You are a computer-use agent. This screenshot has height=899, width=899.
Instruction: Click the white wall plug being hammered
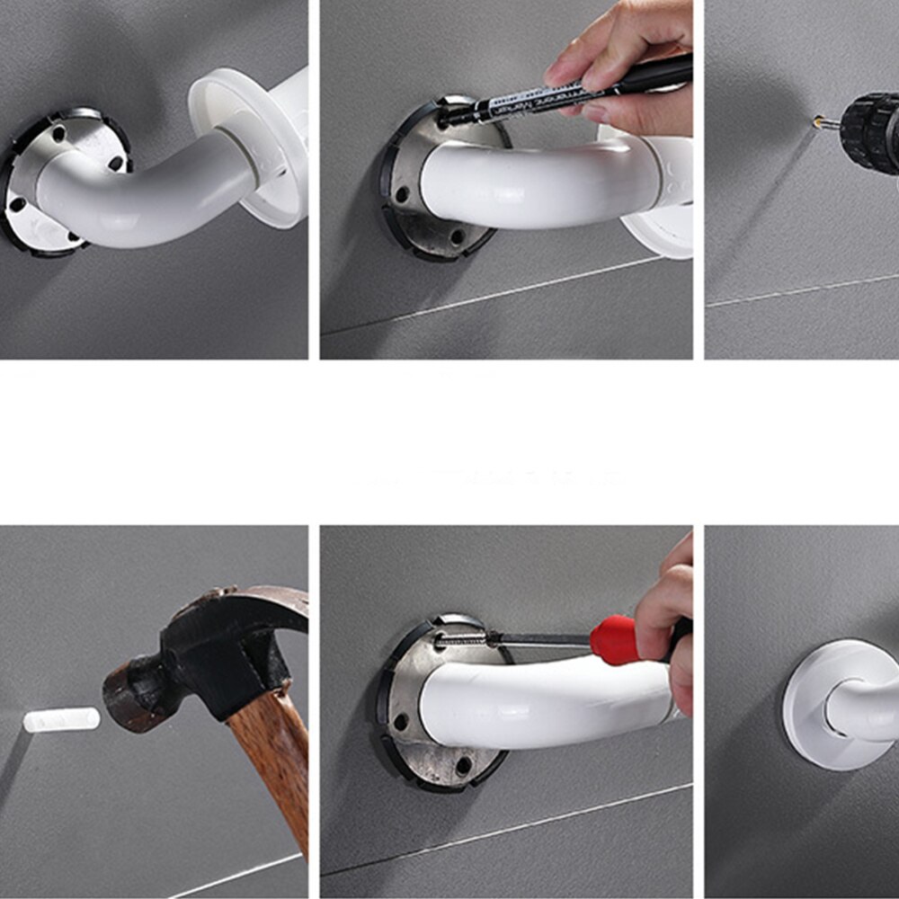tap(60, 719)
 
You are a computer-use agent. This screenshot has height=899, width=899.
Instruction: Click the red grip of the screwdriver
tap(615, 640)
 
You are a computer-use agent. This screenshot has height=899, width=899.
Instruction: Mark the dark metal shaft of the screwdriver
tap(539, 639)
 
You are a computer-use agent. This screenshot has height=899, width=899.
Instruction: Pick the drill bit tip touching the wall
tap(818, 120)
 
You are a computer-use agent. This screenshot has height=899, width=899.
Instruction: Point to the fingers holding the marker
tap(620, 81)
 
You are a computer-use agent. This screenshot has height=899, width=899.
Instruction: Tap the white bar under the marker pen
tap(539, 184)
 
